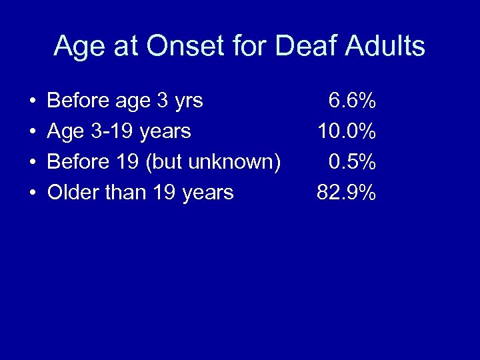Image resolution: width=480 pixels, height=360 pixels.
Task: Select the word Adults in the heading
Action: pos(387,47)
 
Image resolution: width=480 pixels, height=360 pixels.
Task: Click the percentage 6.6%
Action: pos(352,101)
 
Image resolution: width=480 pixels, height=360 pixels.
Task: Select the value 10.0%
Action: pos(347,131)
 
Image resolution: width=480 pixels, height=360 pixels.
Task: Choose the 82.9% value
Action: pos(347,193)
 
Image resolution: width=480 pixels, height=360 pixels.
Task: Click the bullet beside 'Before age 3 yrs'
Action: pos(32,102)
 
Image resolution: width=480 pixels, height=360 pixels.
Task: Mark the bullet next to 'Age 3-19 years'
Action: pos(32,133)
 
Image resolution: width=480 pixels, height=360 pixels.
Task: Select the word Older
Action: pos(72,193)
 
